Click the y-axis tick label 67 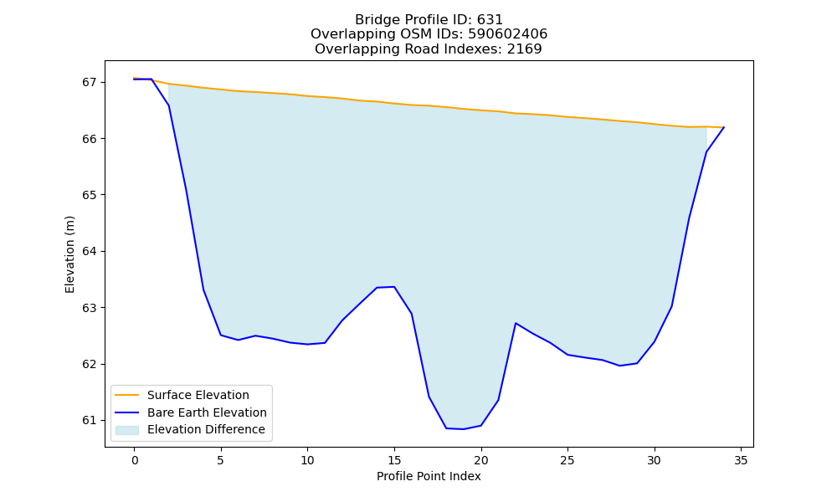(90, 82)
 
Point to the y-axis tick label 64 (90, 251)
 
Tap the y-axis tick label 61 (90, 420)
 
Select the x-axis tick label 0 (135, 460)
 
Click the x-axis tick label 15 (394, 460)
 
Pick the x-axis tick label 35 (741, 460)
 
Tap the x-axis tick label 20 (481, 460)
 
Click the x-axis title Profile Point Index (429, 476)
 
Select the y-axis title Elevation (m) (70, 254)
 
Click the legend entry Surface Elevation (198, 395)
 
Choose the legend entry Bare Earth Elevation (207, 412)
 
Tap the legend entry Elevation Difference (206, 429)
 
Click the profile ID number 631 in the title (490, 20)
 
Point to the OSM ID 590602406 (508, 34)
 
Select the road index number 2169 (524, 49)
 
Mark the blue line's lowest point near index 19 (464, 429)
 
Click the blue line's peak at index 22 (516, 323)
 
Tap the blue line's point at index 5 (221, 335)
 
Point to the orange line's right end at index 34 (724, 127)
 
